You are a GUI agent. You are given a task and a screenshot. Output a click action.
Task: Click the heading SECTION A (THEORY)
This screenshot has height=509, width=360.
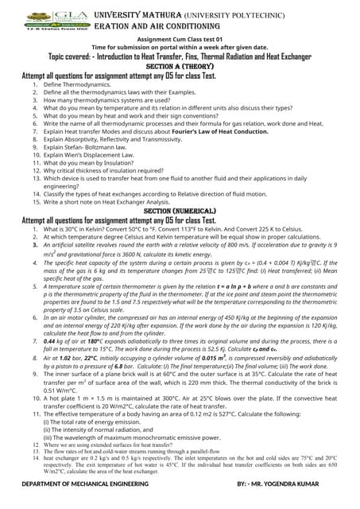point(181,66)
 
